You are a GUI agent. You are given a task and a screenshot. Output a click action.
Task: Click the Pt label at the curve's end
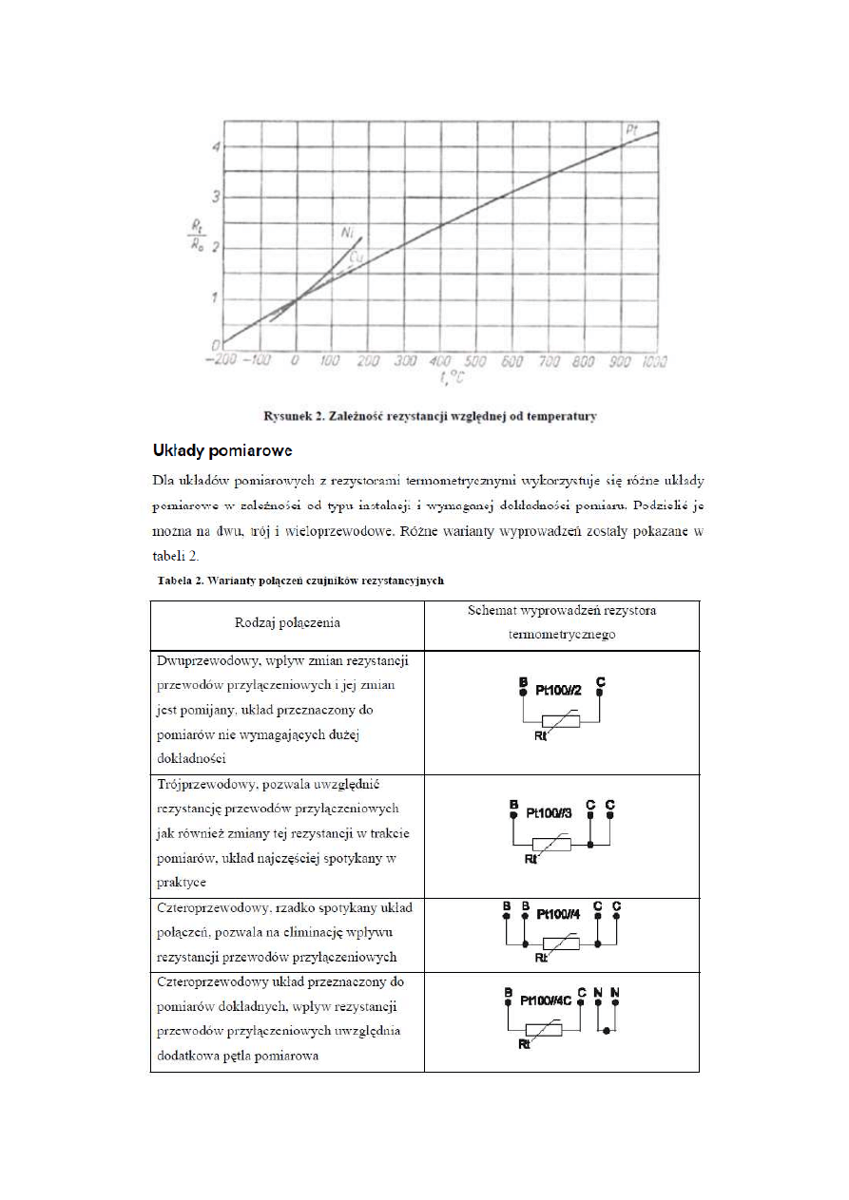pos(630,128)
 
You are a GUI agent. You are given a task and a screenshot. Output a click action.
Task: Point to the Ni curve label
pos(349,231)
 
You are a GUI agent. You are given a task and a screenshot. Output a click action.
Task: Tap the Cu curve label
pos(356,256)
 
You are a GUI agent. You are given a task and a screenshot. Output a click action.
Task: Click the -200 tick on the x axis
pos(222,361)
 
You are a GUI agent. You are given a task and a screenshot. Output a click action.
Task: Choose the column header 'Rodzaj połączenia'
pos(287,623)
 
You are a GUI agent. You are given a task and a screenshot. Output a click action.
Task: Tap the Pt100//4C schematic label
pos(546,1000)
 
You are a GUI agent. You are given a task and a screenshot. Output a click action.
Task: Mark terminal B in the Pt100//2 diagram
pos(522,683)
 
